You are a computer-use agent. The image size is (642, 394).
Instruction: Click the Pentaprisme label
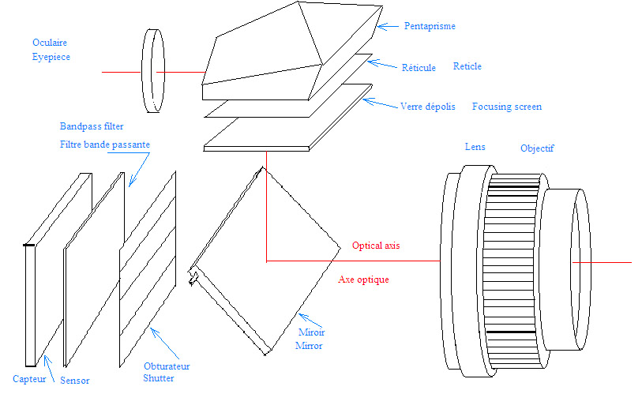click(x=430, y=26)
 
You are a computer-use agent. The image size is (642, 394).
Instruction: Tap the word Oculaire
click(x=50, y=43)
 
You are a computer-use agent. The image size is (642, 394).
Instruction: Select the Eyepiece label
click(x=51, y=57)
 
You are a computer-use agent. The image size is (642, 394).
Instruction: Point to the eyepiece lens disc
click(x=153, y=71)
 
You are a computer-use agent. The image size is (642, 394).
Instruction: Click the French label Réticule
click(x=419, y=68)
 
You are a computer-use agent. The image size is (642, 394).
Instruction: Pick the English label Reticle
click(x=467, y=66)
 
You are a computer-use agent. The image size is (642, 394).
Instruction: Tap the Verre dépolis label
click(x=428, y=107)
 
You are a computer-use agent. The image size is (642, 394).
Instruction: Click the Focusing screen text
click(x=507, y=107)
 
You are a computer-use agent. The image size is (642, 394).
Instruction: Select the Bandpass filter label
click(x=92, y=126)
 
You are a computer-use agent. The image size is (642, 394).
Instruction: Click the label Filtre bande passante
click(x=105, y=144)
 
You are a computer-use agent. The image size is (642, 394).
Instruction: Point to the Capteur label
click(x=29, y=379)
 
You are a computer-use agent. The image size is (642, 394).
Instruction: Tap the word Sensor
click(x=74, y=381)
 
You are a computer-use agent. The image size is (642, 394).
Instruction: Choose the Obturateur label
click(x=167, y=366)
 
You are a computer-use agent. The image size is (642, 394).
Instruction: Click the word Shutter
click(x=159, y=378)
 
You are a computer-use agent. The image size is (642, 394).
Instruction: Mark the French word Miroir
click(x=312, y=332)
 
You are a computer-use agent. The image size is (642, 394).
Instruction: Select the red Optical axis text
click(x=376, y=246)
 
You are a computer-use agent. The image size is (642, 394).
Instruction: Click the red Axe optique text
click(x=363, y=280)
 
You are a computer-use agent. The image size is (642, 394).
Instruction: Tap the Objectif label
click(x=537, y=148)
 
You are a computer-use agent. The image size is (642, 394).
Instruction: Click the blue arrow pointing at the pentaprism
click(x=388, y=27)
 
